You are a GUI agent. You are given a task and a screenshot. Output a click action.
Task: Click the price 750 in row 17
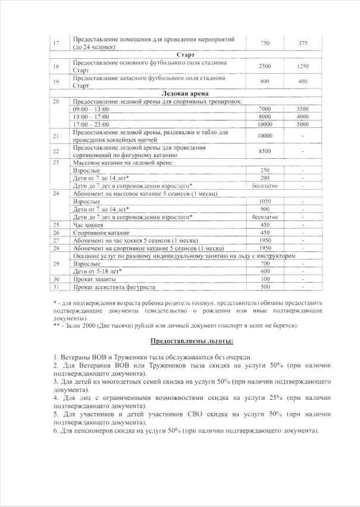coord(265,43)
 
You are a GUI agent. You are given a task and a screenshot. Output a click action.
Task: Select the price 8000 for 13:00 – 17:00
coord(265,117)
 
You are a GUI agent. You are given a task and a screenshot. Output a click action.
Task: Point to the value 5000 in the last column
coord(302,125)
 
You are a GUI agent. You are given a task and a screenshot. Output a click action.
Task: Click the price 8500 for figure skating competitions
coord(265,151)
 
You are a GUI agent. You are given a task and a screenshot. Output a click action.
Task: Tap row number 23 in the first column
coord(56,162)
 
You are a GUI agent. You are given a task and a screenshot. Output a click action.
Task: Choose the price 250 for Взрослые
coord(265,170)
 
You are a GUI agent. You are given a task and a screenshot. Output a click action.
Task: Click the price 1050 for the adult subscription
coord(265,202)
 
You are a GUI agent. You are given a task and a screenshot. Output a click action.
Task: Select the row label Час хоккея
coord(87,225)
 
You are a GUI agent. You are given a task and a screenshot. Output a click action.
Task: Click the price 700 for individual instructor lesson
coord(265,263)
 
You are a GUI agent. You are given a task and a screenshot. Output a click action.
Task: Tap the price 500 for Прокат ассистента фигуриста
coord(265,286)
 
